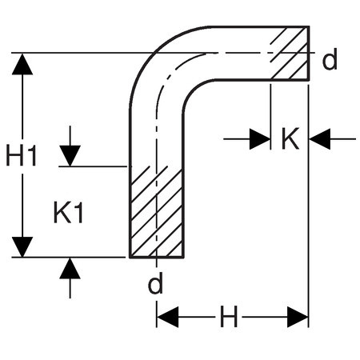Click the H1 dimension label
point(22,155)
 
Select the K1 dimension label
point(69,213)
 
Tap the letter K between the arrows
point(290,138)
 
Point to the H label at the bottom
point(229,317)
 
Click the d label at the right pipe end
point(330,59)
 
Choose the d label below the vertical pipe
point(155,282)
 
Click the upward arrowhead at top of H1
point(22,64)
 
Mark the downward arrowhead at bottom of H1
point(22,247)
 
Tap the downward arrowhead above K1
point(70,156)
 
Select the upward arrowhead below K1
point(70,268)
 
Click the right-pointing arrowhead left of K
point(260,139)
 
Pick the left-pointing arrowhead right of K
point(320,139)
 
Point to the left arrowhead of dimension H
point(168,317)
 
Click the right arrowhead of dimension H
point(298,317)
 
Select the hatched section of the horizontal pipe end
point(290,53)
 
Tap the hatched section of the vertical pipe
point(157,212)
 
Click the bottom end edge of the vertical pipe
point(157,258)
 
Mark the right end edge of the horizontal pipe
point(309,53)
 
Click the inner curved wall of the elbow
point(191,88)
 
